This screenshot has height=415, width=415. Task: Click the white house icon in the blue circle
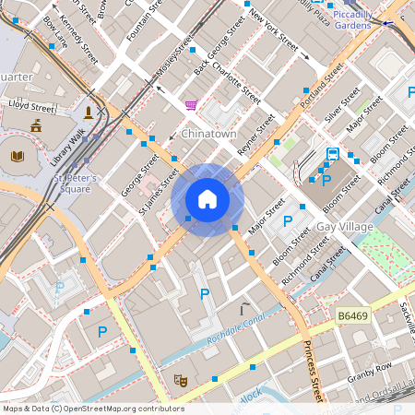pyautogui.click(x=207, y=199)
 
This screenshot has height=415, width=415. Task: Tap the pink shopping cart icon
pyautogui.click(x=191, y=105)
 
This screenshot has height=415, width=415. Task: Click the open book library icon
pyautogui.click(x=17, y=156)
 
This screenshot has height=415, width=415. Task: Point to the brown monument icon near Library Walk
pyautogui.click(x=89, y=112)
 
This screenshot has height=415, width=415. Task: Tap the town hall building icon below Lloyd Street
pyautogui.click(x=36, y=125)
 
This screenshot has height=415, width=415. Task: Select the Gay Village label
pyautogui.click(x=343, y=227)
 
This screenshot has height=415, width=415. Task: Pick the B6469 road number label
pyautogui.click(x=353, y=316)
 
